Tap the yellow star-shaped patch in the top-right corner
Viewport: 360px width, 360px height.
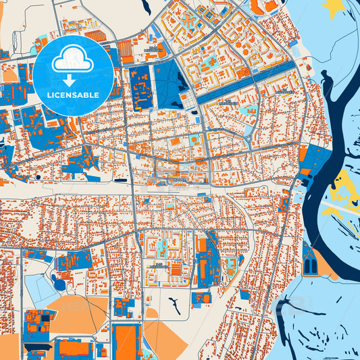334,8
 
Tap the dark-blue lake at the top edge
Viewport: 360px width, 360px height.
144,7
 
